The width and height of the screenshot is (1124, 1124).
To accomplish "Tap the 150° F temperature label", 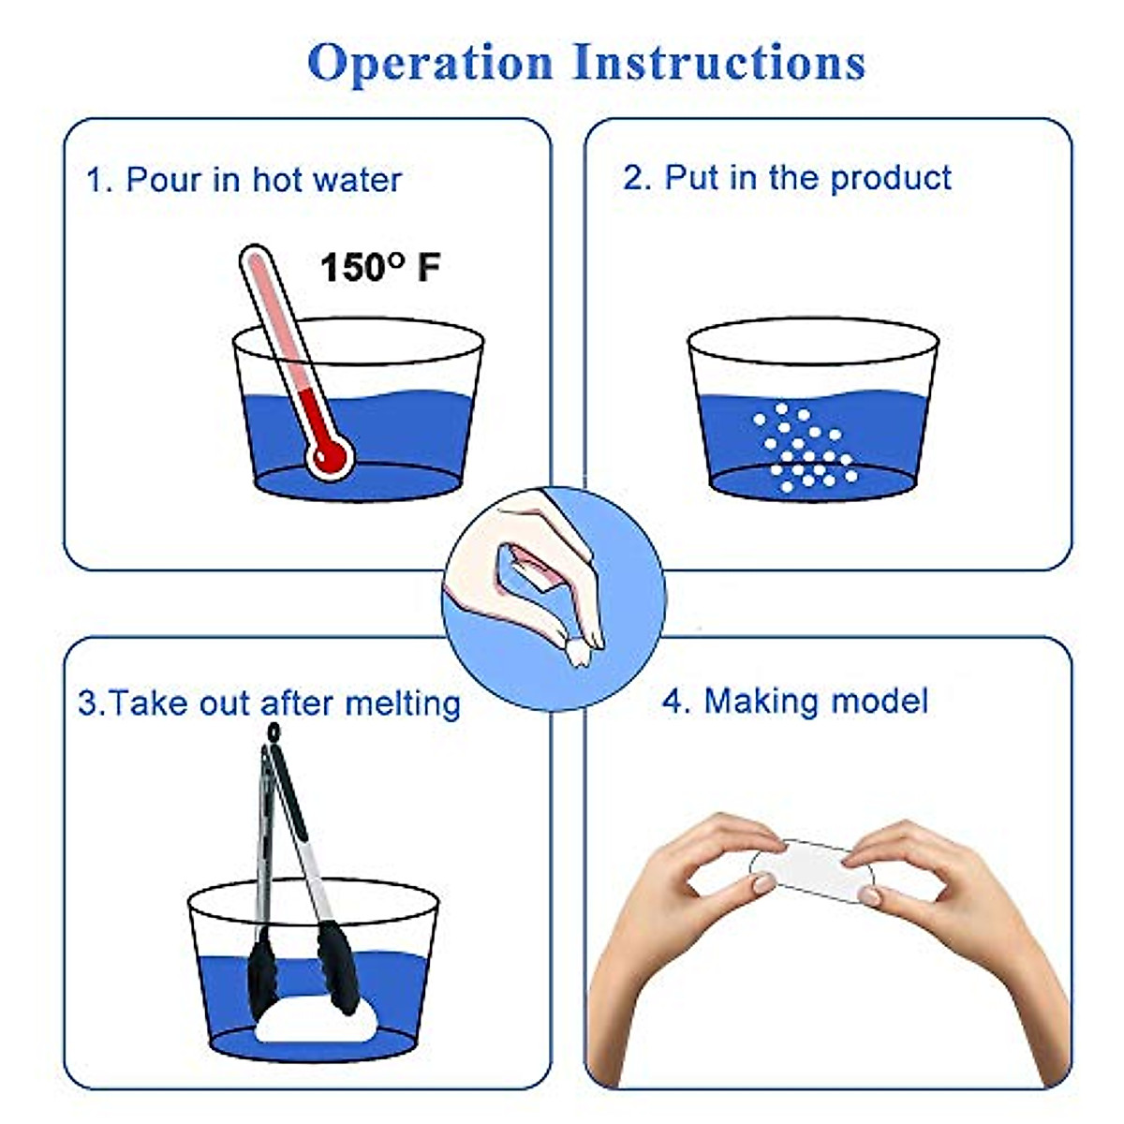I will (x=379, y=268).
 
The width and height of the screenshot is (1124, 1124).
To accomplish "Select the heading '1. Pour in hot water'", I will (x=244, y=180).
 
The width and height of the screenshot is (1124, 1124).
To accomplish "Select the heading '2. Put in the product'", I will (x=787, y=178).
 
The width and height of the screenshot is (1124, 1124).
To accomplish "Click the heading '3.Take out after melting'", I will (x=269, y=702).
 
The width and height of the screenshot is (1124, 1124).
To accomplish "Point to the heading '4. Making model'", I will (x=795, y=701).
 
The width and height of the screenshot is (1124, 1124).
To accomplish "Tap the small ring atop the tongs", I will (x=273, y=731).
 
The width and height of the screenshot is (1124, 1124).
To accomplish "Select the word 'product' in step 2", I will (x=891, y=178).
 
